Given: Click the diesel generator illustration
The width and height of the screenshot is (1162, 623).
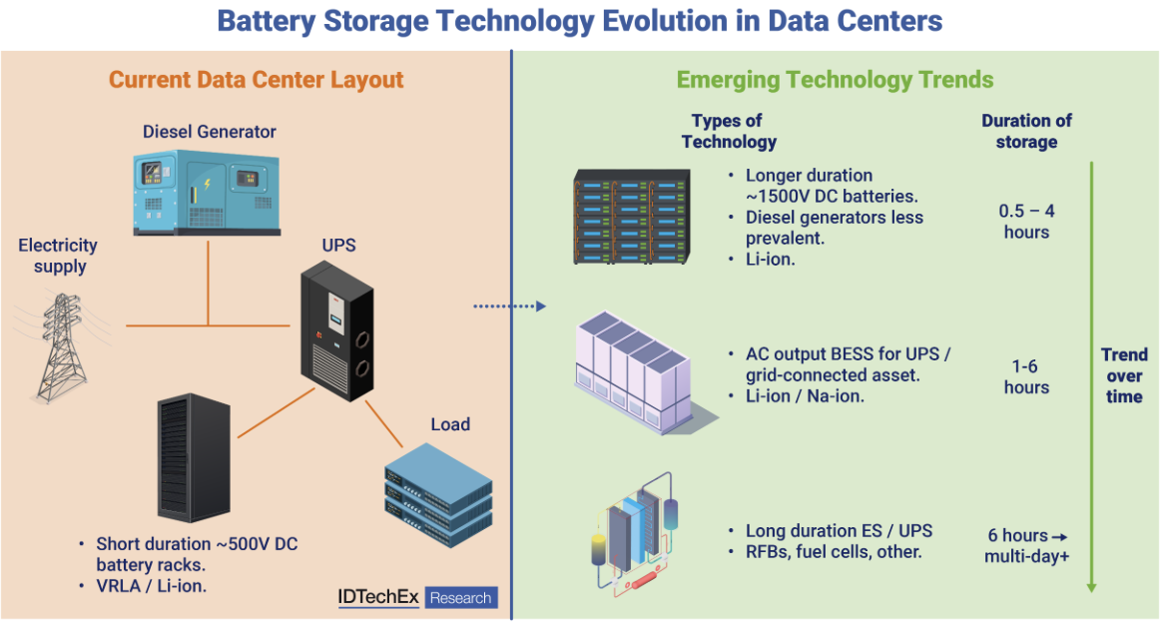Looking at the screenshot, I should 209,192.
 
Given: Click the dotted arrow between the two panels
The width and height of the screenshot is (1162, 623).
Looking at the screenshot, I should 508,307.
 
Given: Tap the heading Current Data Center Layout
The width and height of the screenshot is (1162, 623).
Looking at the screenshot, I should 256,80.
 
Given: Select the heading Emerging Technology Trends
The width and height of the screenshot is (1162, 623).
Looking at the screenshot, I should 835,80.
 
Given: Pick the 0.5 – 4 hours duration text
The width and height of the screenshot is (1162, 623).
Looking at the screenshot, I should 1025,222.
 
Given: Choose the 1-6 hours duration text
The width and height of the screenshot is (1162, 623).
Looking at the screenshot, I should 1026,376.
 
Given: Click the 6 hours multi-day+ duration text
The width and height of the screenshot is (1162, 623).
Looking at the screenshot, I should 1027,545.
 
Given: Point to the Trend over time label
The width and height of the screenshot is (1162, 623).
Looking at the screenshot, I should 1124,375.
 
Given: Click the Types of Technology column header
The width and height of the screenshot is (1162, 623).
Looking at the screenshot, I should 729,131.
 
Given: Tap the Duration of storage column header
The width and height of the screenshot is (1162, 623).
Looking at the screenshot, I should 1026,131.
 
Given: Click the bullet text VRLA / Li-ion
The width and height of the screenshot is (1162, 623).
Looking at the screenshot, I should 151,586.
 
